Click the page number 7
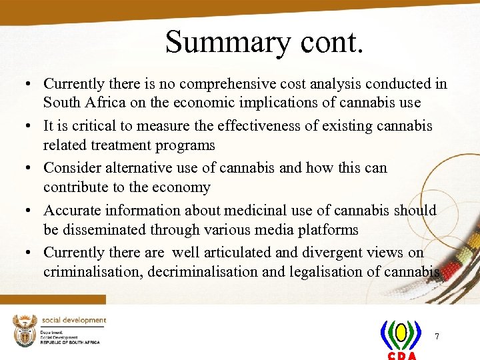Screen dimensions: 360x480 437,336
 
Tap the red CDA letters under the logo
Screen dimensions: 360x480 401,355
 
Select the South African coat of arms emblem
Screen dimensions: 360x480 25,330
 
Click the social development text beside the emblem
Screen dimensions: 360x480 74,321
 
